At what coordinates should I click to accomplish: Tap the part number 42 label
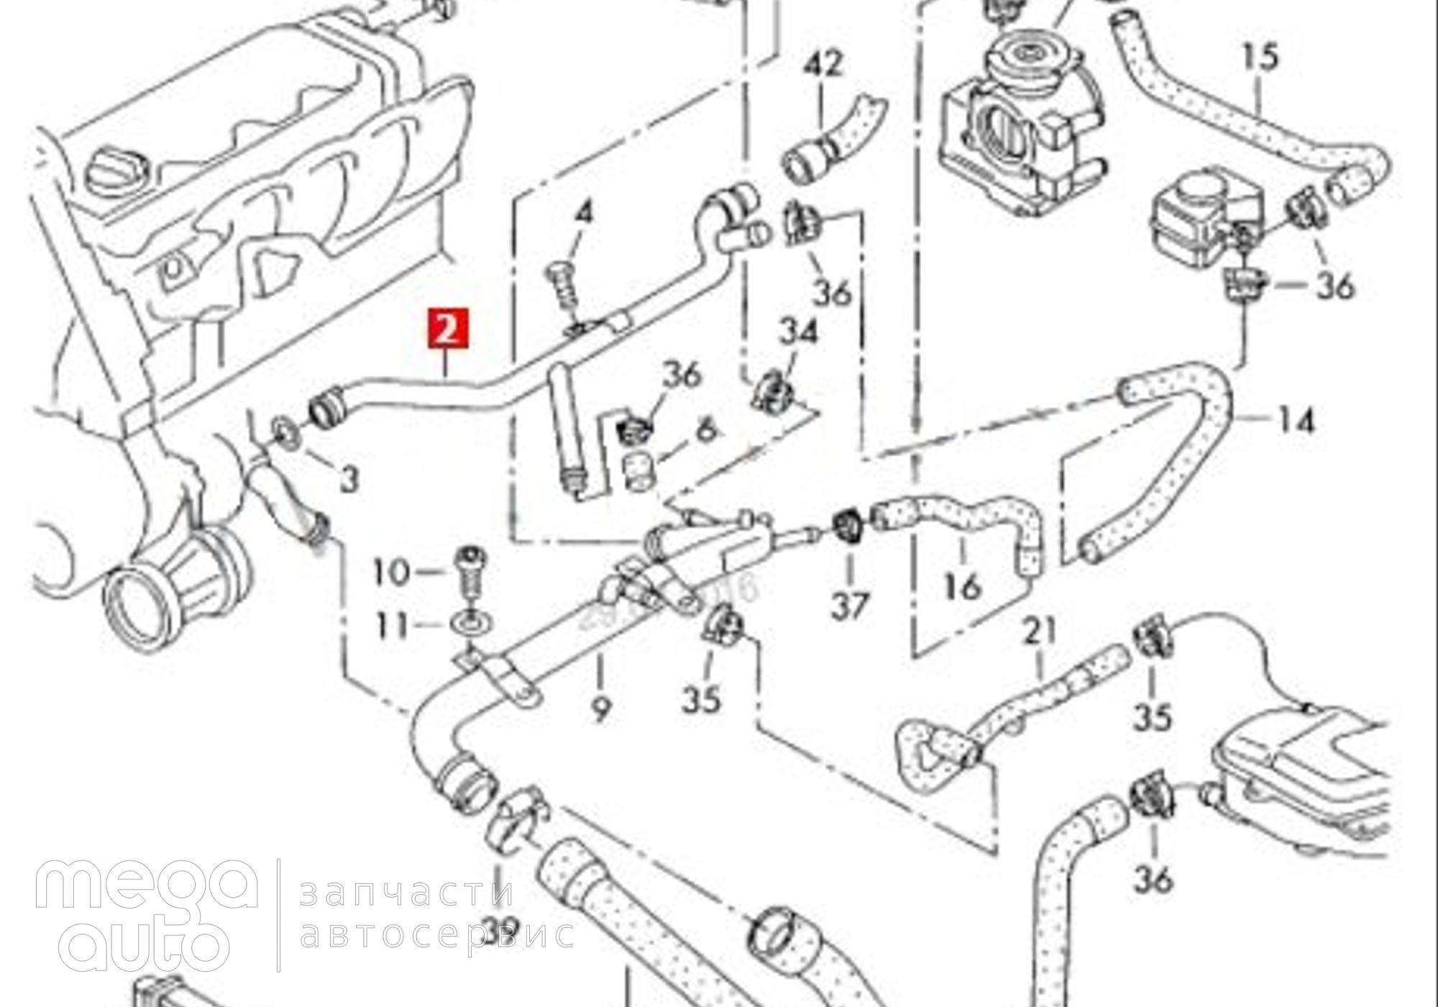(x=824, y=65)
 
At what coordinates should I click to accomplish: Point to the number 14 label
(x=1295, y=420)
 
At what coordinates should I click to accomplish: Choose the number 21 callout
(x=1040, y=631)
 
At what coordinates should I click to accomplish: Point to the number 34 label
(x=799, y=333)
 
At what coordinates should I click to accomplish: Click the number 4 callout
(x=585, y=213)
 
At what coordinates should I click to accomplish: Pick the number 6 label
(x=707, y=429)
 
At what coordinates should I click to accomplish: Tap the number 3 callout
(x=349, y=479)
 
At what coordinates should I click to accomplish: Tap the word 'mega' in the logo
(x=147, y=885)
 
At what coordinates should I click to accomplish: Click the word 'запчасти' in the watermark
(x=407, y=893)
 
